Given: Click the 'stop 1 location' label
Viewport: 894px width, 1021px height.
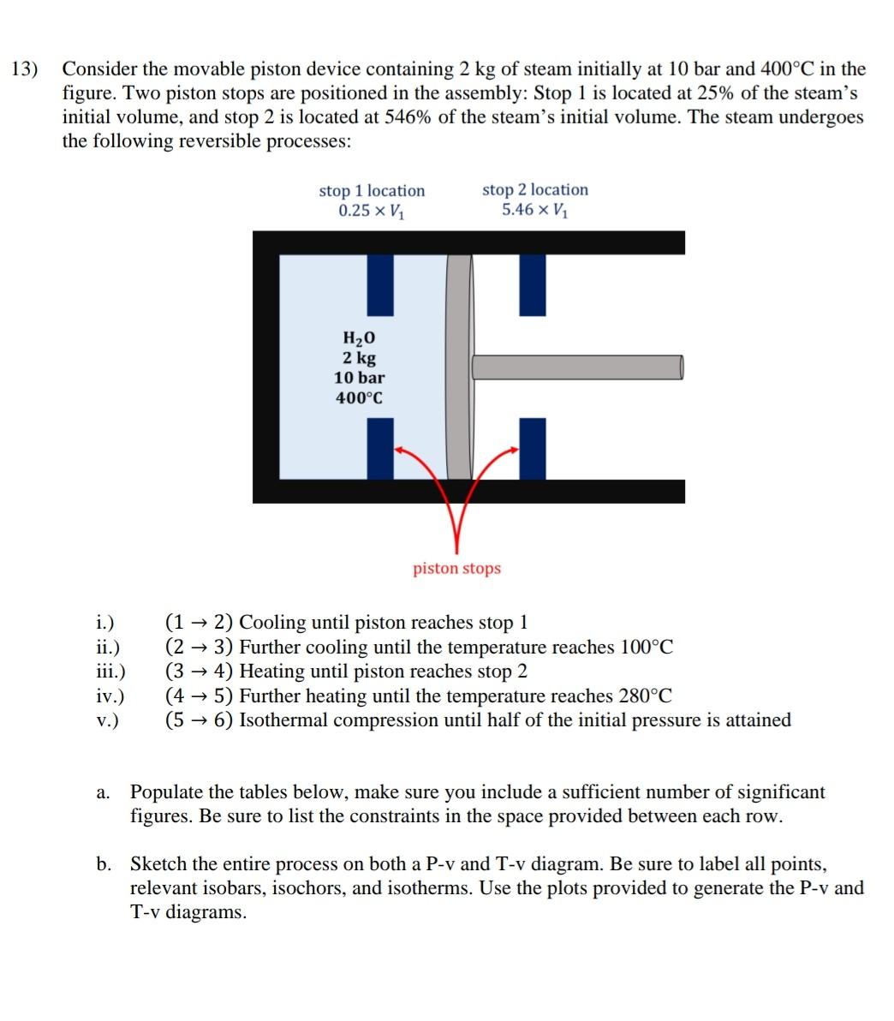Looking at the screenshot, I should (x=372, y=190).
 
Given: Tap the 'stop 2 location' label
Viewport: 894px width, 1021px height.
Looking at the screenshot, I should (x=535, y=189).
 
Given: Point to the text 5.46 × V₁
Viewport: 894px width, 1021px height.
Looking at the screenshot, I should (x=534, y=211).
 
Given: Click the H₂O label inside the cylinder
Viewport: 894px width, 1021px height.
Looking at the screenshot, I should (x=359, y=339).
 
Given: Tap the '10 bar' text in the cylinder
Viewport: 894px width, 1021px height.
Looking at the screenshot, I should (x=359, y=378).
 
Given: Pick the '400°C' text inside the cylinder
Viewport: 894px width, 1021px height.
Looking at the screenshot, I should (x=359, y=398).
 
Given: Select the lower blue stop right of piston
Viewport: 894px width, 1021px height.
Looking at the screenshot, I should (x=532, y=448).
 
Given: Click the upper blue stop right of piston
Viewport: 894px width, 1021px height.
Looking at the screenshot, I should (x=533, y=284).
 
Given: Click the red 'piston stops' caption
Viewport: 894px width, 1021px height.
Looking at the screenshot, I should (x=456, y=569).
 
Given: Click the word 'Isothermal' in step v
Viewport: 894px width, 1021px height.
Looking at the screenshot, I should (x=282, y=720).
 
